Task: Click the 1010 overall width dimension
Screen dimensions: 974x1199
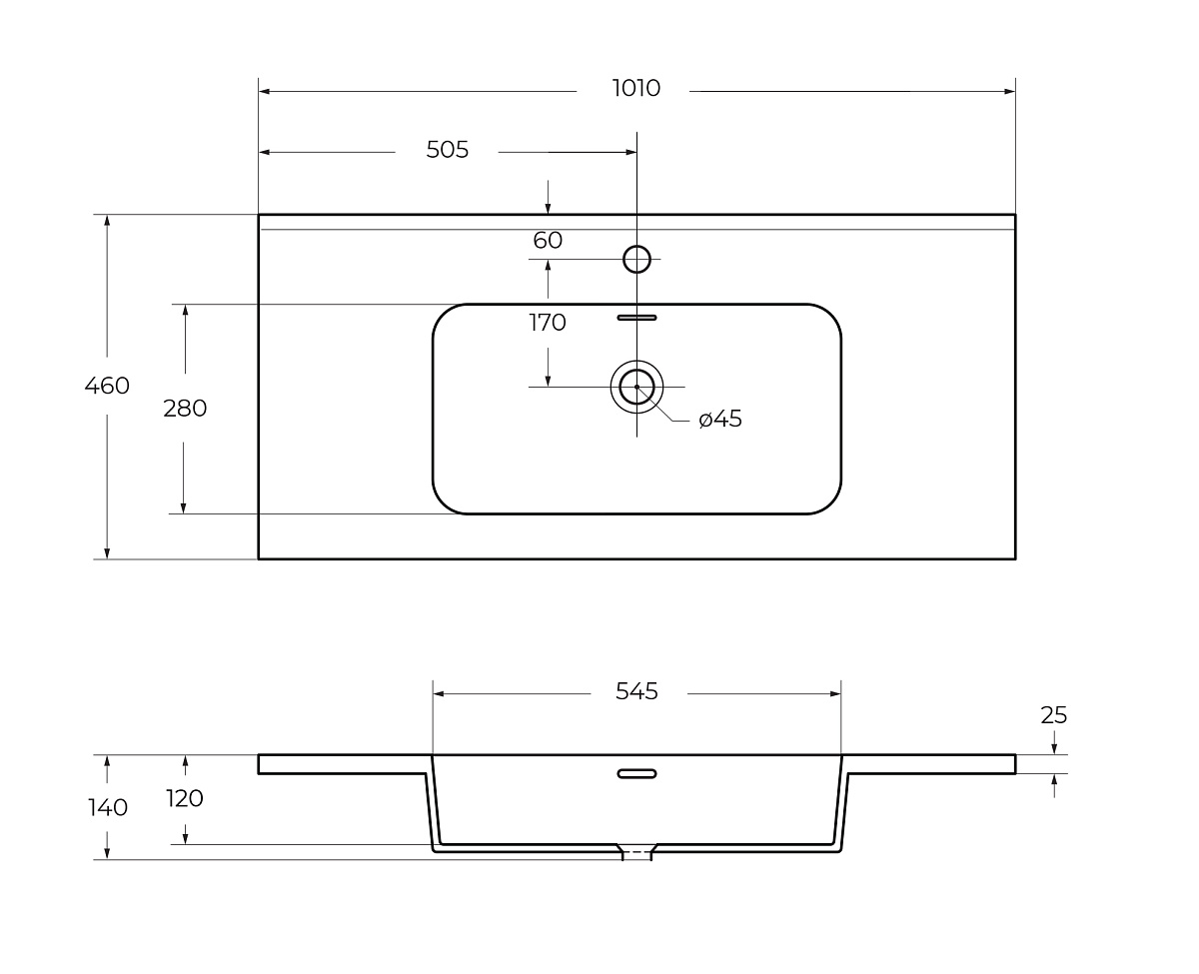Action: (636, 89)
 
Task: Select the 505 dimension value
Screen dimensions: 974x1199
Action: (447, 151)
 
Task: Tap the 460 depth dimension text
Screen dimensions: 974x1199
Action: (107, 386)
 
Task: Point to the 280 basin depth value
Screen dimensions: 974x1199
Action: (185, 409)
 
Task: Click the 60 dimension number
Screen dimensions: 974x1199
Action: (548, 241)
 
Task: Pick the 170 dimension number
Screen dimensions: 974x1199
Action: (548, 323)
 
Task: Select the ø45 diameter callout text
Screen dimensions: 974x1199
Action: (720, 420)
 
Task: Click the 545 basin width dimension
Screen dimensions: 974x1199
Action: (636, 691)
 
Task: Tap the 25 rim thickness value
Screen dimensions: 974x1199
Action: (1054, 715)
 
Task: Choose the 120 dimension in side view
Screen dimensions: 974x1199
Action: (185, 799)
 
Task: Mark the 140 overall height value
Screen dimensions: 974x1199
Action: (107, 807)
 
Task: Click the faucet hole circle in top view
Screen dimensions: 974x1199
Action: (636, 260)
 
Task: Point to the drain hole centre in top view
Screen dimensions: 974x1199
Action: (636, 386)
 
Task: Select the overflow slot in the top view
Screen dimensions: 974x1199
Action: (636, 318)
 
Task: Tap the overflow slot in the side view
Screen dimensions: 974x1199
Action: (636, 772)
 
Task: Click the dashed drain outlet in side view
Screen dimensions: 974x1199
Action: (636, 853)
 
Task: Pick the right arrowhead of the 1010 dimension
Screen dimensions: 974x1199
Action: (1010, 91)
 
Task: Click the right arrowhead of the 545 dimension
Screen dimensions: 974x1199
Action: (836, 693)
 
